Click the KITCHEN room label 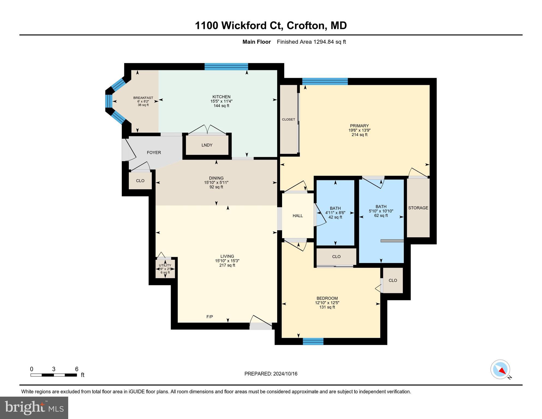pyautogui.click(x=221, y=97)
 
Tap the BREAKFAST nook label pyautogui.click(x=143, y=98)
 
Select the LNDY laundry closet pyautogui.click(x=207, y=145)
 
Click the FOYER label pyautogui.click(x=154, y=152)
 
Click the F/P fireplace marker pyautogui.click(x=209, y=317)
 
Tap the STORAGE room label pyautogui.click(x=418, y=208)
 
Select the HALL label pyautogui.click(x=298, y=216)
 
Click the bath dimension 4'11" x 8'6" pyautogui.click(x=335, y=213)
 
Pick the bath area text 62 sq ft pyautogui.click(x=381, y=216)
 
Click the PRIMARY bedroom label pyautogui.click(x=359, y=126)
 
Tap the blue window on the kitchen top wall pyautogui.click(x=226, y=67)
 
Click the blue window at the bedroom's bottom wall pyautogui.click(x=313, y=341)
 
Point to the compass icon pyautogui.click(x=500, y=369)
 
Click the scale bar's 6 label pyautogui.click(x=77, y=369)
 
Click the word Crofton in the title pyautogui.click(x=306, y=25)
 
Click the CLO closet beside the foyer pyautogui.click(x=140, y=181)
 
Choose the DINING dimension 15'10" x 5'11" pyautogui.click(x=216, y=182)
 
